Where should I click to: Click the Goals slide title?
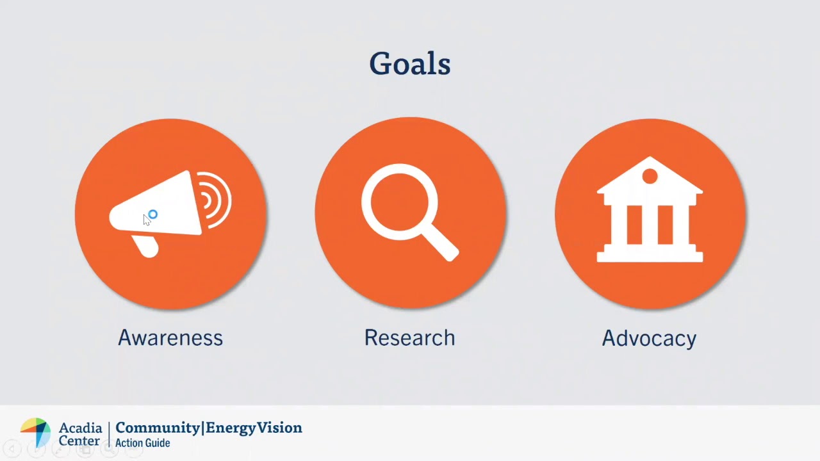click(x=410, y=64)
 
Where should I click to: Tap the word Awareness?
click(x=170, y=337)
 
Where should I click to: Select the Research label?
click(x=409, y=337)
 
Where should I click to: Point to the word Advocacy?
click(x=649, y=338)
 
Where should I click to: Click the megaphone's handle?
click(x=146, y=246)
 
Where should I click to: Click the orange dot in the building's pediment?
click(x=650, y=176)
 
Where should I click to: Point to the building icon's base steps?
click(x=650, y=255)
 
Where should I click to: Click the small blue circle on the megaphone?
click(x=152, y=214)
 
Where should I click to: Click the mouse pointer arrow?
click(x=147, y=220)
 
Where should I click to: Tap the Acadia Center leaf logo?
click(x=36, y=432)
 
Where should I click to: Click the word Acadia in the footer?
click(x=80, y=427)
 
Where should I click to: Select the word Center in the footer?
click(x=79, y=441)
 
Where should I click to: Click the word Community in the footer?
click(x=158, y=428)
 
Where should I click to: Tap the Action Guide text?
click(x=142, y=443)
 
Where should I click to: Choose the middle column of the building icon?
click(x=650, y=224)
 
